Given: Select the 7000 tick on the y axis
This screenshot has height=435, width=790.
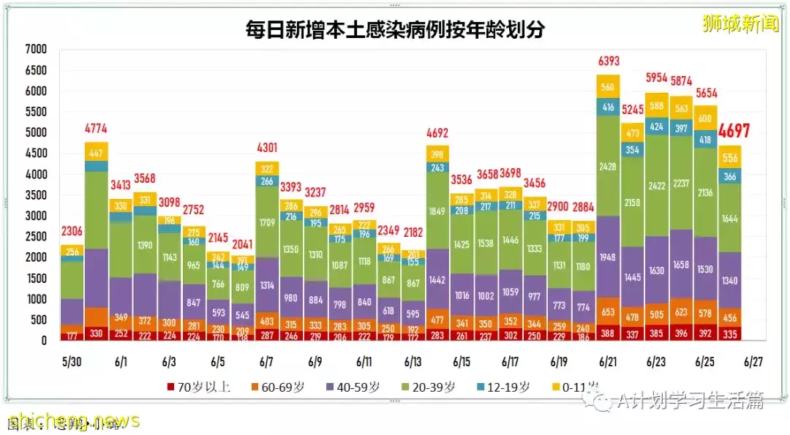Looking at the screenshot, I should click(35, 50).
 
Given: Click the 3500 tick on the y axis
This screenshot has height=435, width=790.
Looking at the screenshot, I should click(35, 196).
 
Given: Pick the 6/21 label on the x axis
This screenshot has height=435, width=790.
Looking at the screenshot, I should click(608, 362).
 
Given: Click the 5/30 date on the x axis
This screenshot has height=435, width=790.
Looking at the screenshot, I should click(72, 362).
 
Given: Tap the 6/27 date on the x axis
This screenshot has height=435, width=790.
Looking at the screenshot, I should click(753, 362).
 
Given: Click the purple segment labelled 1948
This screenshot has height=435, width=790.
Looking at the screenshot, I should click(608, 257).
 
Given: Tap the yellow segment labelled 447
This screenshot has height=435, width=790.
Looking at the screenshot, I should click(96, 152).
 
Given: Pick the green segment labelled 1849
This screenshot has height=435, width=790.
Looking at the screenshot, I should click(437, 211).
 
